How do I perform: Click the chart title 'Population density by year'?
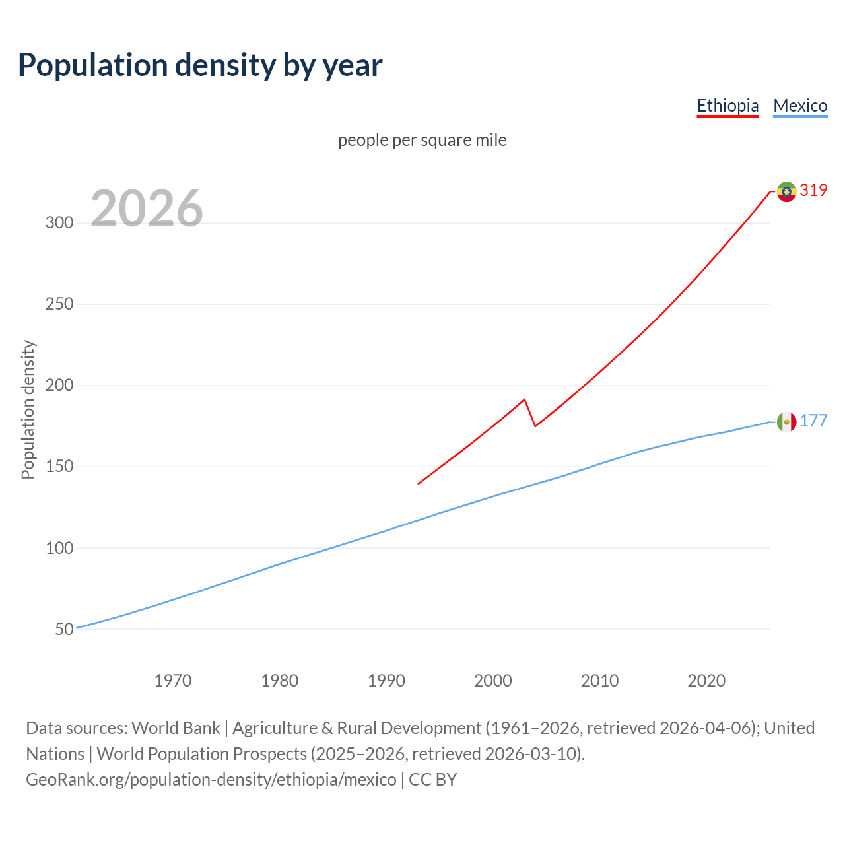[x=200, y=65]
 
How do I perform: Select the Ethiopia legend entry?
[x=727, y=106]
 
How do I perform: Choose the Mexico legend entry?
[x=800, y=106]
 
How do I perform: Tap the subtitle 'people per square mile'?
[x=422, y=140]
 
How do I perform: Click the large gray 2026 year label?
[x=147, y=209]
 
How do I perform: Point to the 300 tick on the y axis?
[x=59, y=222]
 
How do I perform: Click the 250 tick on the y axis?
[x=59, y=304]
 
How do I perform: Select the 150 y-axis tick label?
[x=59, y=467]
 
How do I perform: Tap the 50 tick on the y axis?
[x=64, y=629]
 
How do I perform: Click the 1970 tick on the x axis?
[x=173, y=681]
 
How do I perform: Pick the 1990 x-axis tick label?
[x=386, y=681]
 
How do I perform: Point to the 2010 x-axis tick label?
[x=599, y=681]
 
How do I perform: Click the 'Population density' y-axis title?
[x=28, y=409]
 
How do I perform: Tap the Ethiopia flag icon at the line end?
[x=786, y=191]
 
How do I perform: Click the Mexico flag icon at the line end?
[x=786, y=421]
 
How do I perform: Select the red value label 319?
[x=813, y=191]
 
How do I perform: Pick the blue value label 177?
[x=813, y=421]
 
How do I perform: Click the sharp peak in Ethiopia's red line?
[x=524, y=399]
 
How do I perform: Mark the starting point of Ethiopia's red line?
[x=419, y=484]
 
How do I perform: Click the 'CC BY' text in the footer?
[x=432, y=780]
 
